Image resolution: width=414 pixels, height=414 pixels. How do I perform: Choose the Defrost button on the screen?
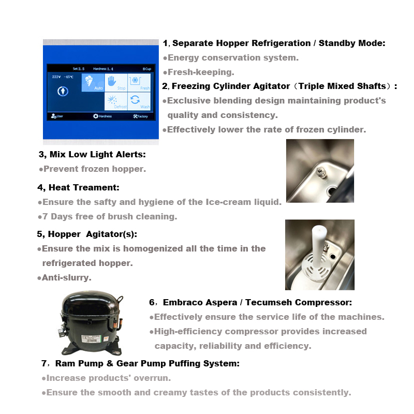tap(116, 101)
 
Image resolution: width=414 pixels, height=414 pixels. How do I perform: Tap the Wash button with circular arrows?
tap(139, 101)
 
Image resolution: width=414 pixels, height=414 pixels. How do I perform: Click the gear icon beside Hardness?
tap(96, 116)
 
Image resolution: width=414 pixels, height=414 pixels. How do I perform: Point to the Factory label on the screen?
tap(140, 116)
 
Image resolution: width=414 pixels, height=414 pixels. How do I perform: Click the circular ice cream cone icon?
tap(63, 91)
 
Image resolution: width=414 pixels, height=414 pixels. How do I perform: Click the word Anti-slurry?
tap(67, 278)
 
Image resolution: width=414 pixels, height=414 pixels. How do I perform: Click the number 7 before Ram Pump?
tap(44, 364)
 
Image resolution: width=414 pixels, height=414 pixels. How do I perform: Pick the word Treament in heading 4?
tap(98, 187)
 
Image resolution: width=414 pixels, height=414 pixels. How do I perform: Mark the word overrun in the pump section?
tap(154, 378)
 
